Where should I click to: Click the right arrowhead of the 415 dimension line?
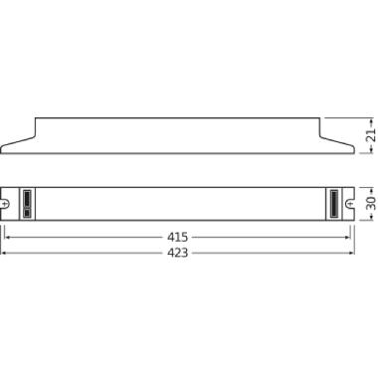pos(351,238)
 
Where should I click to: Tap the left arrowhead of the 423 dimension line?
pos(4,253)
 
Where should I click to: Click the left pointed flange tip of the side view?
pos(3,151)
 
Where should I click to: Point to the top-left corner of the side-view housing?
pos(36,117)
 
